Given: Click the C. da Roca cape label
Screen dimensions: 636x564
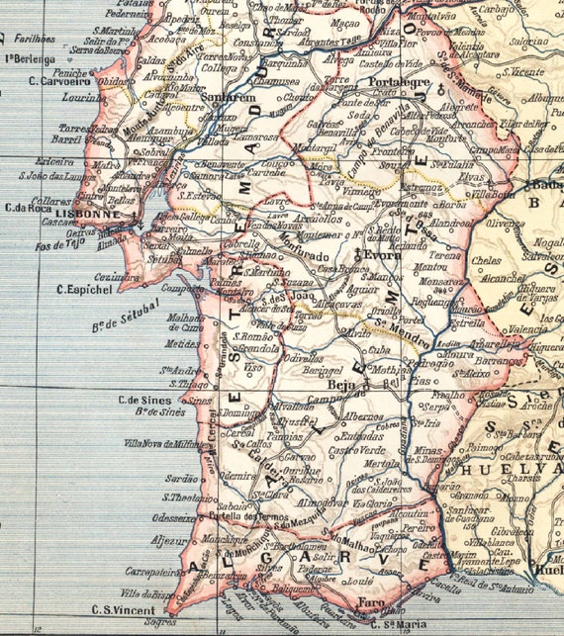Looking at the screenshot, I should tap(29, 207).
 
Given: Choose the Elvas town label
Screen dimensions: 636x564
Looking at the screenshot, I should tap(471, 180).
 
